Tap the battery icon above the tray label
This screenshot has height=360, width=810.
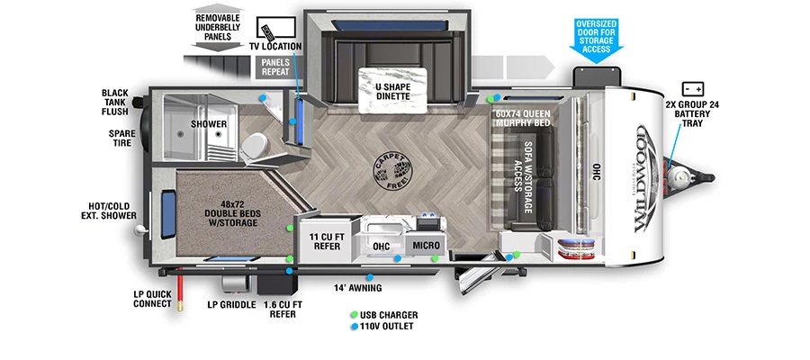pyautogui.click(x=693, y=89)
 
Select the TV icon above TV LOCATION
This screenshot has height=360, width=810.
pyautogui.click(x=271, y=28)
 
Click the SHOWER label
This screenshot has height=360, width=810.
pyautogui.click(x=207, y=125)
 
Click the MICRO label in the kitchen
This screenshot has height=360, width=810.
pyautogui.click(x=426, y=245)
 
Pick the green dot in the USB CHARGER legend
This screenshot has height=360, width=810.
pyautogui.click(x=354, y=315)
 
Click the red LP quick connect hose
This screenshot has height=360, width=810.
pyautogui.click(x=182, y=289)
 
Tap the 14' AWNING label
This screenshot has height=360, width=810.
pyautogui.click(x=358, y=288)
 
